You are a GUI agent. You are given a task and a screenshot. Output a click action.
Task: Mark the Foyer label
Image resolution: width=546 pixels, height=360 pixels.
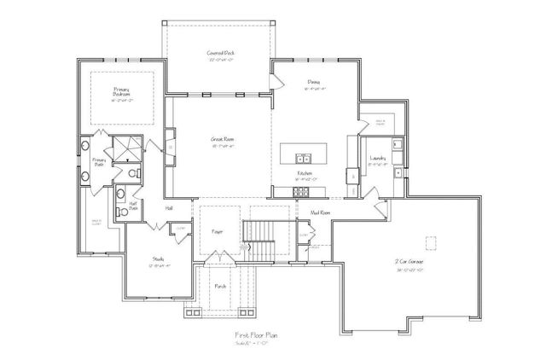pos(216,231)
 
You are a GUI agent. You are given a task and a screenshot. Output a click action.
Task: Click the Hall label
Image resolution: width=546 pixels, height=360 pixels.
pos(169,206)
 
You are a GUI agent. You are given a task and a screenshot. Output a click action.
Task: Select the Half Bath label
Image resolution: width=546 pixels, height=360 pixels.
pos(134,204)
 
